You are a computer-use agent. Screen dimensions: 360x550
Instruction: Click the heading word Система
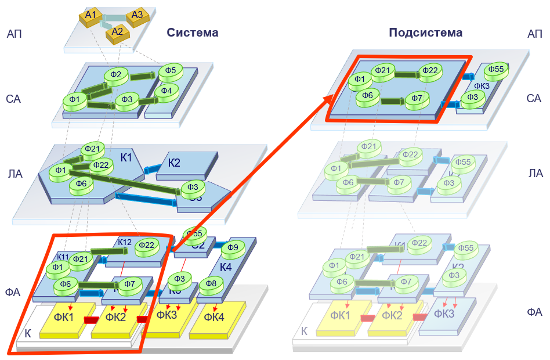(x=193, y=33)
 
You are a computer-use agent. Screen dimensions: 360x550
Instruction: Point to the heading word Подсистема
(x=425, y=33)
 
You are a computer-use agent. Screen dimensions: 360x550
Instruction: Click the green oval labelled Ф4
(x=167, y=91)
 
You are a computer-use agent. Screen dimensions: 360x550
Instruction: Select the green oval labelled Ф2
(x=116, y=75)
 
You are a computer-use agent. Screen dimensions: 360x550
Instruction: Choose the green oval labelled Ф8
(x=211, y=284)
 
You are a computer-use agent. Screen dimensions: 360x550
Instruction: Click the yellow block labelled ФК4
(x=214, y=317)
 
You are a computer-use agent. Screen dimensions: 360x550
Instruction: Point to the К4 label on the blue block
(x=227, y=268)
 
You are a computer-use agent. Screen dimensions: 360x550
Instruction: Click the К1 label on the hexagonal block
(x=126, y=157)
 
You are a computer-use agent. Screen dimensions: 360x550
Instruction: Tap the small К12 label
(x=125, y=242)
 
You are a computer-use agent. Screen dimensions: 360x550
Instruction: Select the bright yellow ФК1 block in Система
(x=63, y=317)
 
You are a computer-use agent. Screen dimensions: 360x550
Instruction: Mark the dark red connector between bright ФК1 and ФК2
(x=91, y=320)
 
